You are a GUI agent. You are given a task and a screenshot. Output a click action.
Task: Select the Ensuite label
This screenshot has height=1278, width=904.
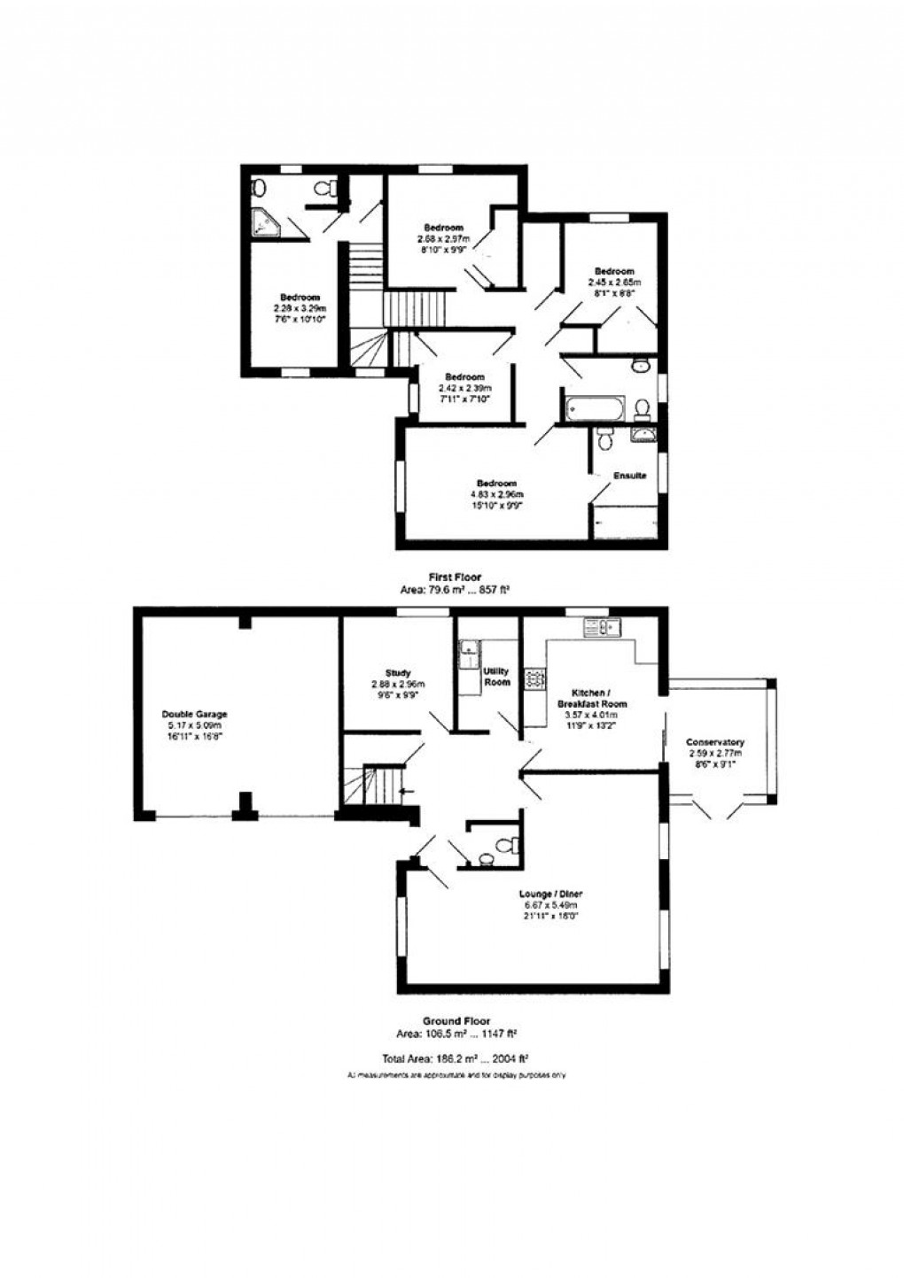[630, 476]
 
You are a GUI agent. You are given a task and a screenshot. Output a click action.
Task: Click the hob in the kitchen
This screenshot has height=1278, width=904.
[534, 679]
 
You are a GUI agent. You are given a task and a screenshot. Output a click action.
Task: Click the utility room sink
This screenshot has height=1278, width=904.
[468, 653]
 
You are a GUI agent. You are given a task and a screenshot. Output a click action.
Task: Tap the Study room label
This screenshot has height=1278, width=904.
[398, 673]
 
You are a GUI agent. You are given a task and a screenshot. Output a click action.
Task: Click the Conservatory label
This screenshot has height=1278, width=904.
[715, 742]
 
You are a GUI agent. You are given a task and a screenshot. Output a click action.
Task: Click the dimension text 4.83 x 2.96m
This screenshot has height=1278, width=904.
[495, 494]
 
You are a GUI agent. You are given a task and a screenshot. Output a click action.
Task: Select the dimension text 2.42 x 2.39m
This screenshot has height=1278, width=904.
[465, 388]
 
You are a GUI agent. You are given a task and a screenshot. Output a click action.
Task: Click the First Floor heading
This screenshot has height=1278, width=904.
[455, 577]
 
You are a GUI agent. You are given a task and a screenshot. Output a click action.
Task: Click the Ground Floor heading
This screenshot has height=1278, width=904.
[456, 1021]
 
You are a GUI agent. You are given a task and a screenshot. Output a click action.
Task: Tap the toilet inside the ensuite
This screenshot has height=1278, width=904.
[605, 440]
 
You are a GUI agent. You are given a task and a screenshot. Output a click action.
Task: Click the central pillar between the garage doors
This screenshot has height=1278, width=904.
[244, 804]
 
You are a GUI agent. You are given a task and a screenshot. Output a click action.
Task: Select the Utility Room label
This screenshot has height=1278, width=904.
[497, 678]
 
